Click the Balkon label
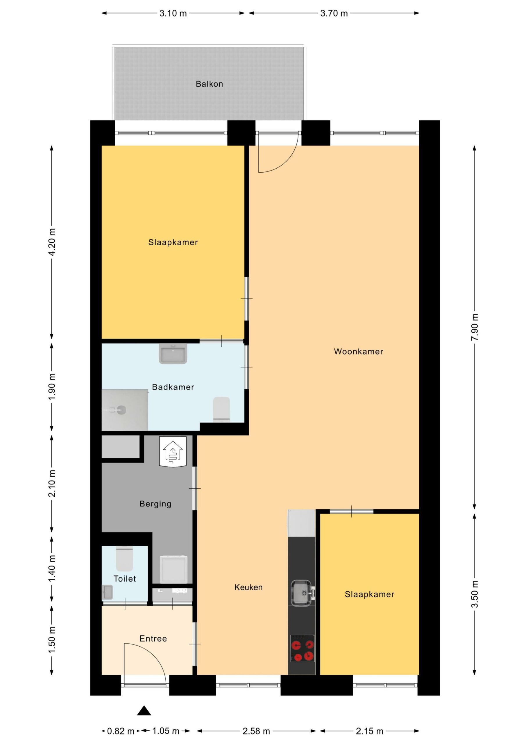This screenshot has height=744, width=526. pos(209,84)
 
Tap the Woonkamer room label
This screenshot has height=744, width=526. pos(358,352)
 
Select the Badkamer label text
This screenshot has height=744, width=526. pos(173,387)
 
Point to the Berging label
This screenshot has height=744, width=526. pos(155,504)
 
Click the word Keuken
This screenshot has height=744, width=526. pos(248,587)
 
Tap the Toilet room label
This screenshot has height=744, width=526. pos(125,579)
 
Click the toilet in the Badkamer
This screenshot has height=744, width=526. pos(222,409)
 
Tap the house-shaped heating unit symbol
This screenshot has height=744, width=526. pos(173,452)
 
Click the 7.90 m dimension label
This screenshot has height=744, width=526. pos(475,327)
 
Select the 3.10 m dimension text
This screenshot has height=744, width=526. pos(173,13)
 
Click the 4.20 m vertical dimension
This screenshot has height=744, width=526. pos(51,242)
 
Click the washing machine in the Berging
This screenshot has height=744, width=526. pos(174,569)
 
